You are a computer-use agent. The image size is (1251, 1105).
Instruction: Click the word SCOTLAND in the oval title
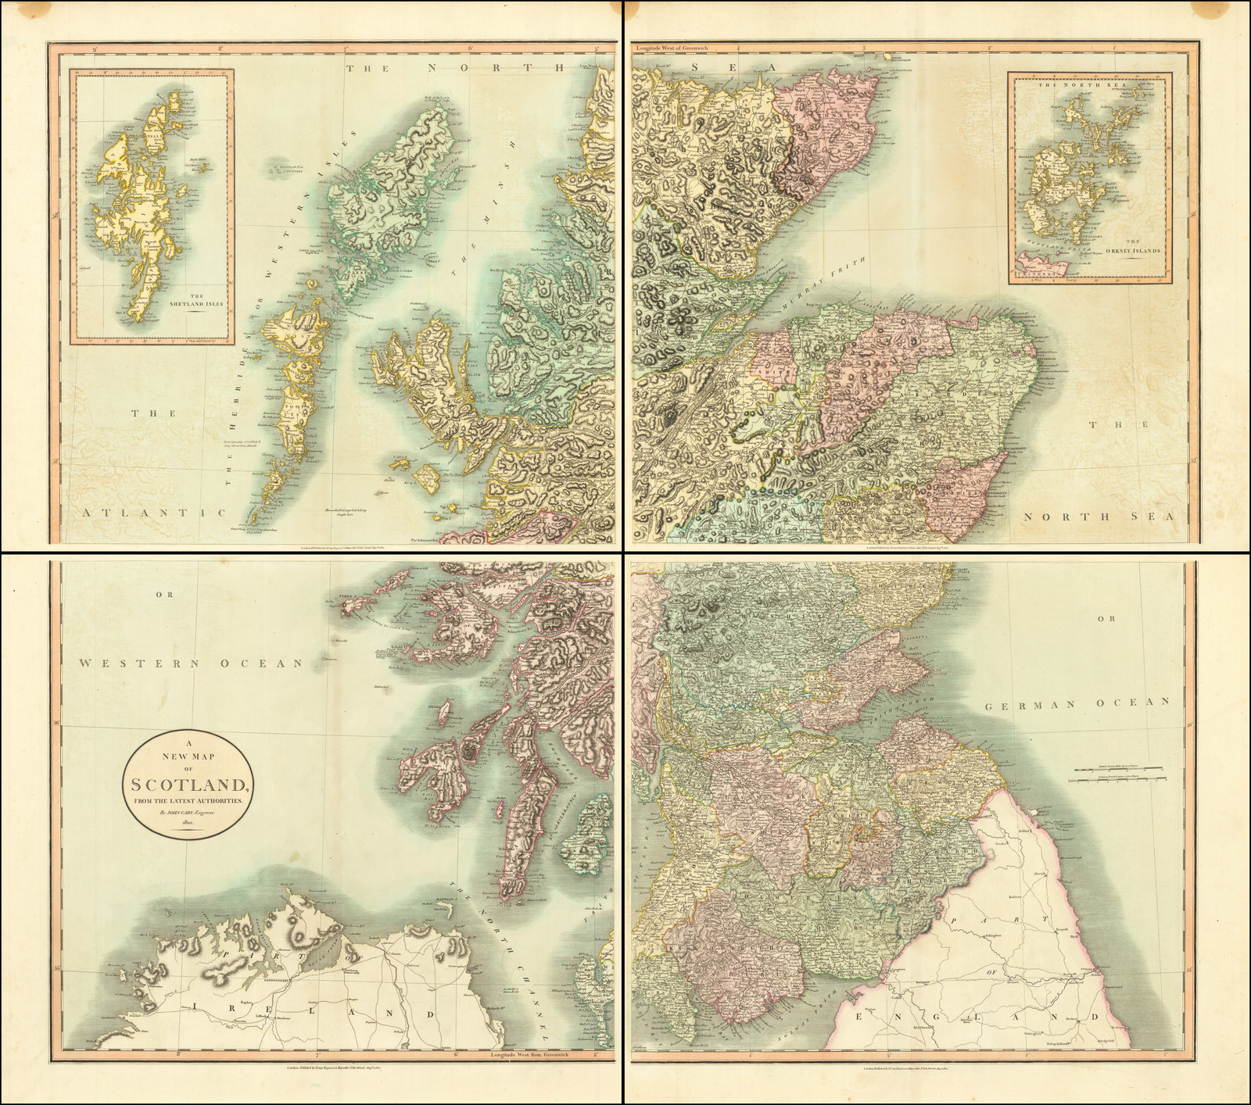click(x=186, y=785)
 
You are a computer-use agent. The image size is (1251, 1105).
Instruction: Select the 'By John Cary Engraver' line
click(x=187, y=812)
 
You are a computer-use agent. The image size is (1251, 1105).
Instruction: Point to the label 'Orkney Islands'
click(x=1127, y=252)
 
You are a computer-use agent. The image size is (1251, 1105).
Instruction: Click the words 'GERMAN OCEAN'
click(x=1077, y=703)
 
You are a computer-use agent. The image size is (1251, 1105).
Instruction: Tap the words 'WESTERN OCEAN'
click(x=192, y=663)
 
